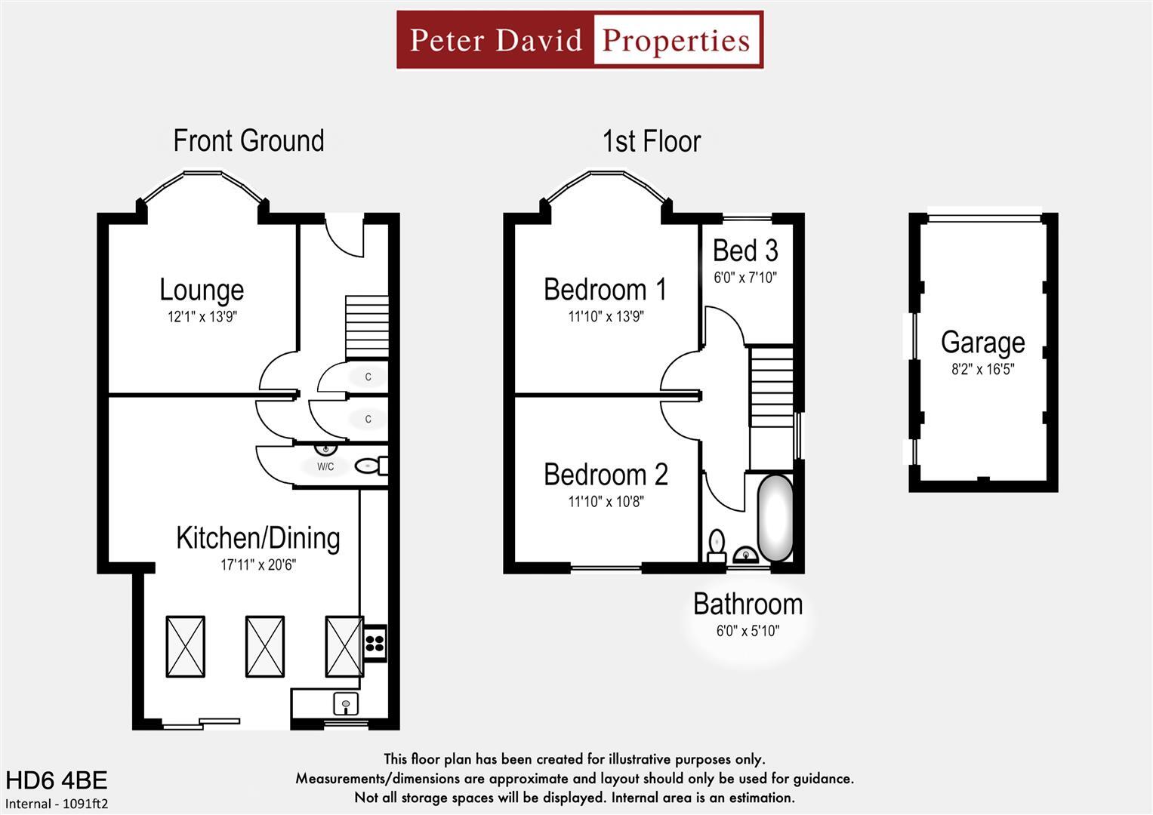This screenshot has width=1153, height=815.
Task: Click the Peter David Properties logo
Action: pyautogui.click(x=580, y=40)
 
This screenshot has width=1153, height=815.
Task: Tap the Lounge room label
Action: pyautogui.click(x=202, y=290)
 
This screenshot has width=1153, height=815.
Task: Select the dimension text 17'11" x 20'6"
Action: pyautogui.click(x=258, y=564)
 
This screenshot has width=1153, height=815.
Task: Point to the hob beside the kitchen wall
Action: pyautogui.click(x=375, y=644)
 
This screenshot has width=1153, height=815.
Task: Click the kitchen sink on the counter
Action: pyautogui.click(x=346, y=705)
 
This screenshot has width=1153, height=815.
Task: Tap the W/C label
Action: pyautogui.click(x=325, y=467)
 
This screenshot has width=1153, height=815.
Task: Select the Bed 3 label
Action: pyautogui.click(x=745, y=251)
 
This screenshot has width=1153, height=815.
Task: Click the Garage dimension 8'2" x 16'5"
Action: pyautogui.click(x=982, y=370)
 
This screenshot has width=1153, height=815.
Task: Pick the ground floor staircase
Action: pyautogui.click(x=367, y=327)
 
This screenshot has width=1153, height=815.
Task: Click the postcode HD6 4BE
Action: pyautogui.click(x=57, y=780)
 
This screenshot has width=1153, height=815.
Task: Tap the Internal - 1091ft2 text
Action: pyautogui.click(x=57, y=804)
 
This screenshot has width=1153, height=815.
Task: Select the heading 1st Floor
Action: pyautogui.click(x=651, y=142)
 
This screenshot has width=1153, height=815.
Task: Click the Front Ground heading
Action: pyautogui.click(x=248, y=141)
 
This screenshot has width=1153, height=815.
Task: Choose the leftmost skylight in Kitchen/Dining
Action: pyautogui.click(x=185, y=647)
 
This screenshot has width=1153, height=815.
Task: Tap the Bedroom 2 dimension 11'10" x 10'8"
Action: pyautogui.click(x=606, y=502)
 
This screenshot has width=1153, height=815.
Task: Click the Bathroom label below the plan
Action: pyautogui.click(x=748, y=604)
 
